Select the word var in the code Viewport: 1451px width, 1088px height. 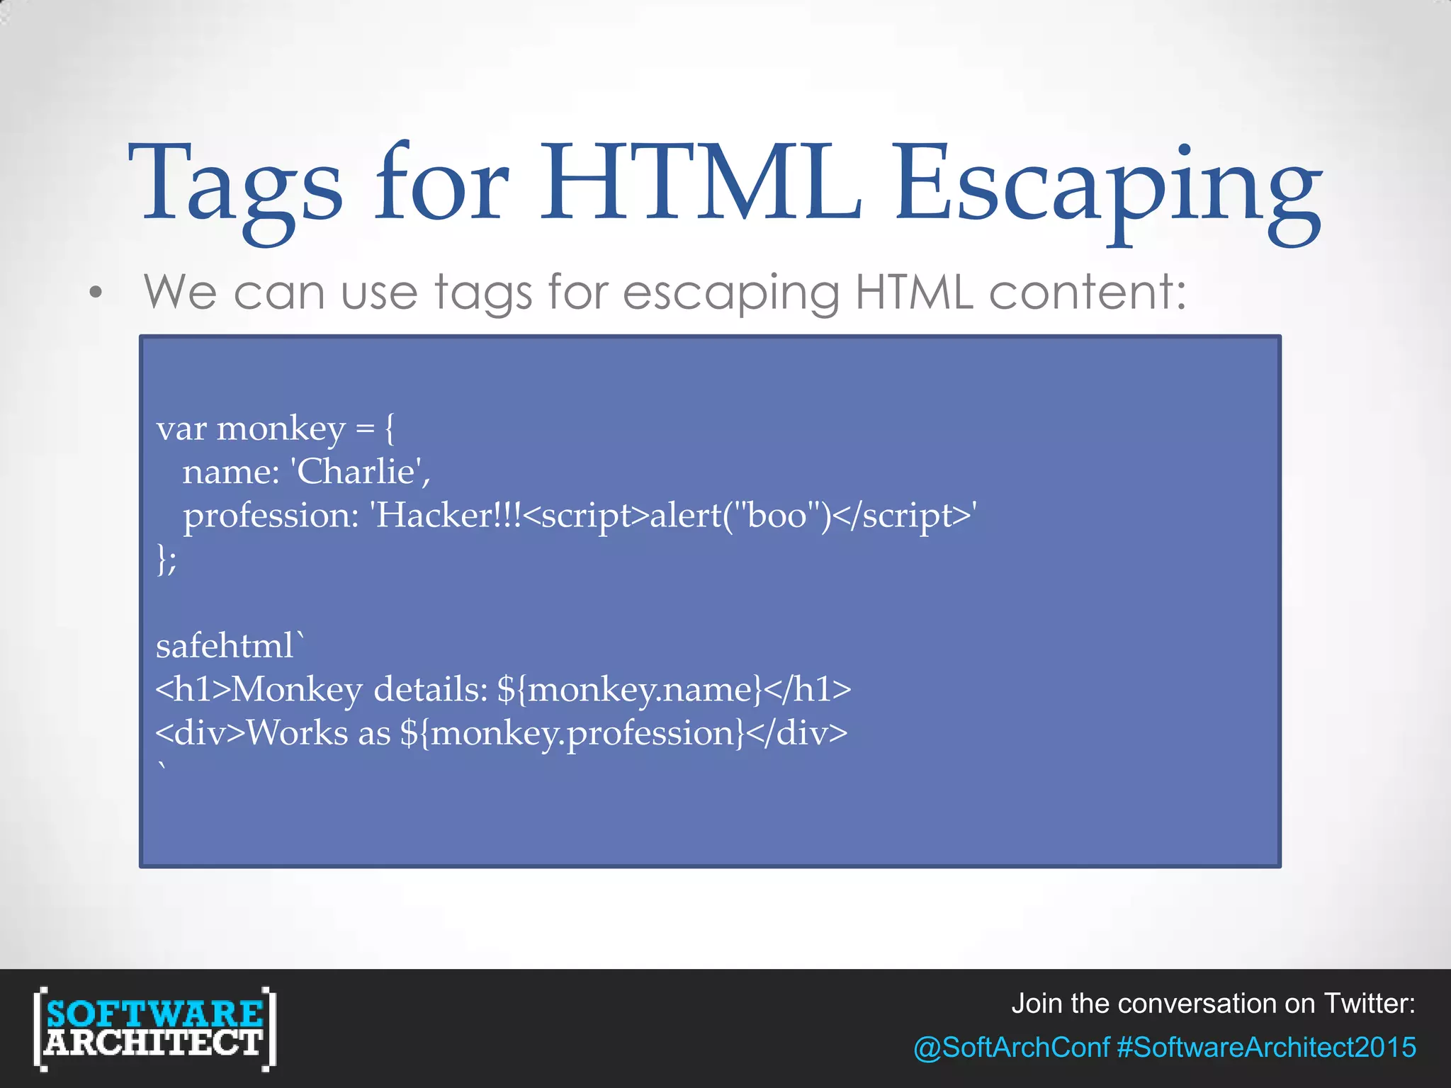coord(181,430)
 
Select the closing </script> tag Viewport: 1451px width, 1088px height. coord(900,516)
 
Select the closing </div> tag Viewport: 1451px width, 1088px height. coord(796,734)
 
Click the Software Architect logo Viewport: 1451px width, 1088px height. coord(154,1028)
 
